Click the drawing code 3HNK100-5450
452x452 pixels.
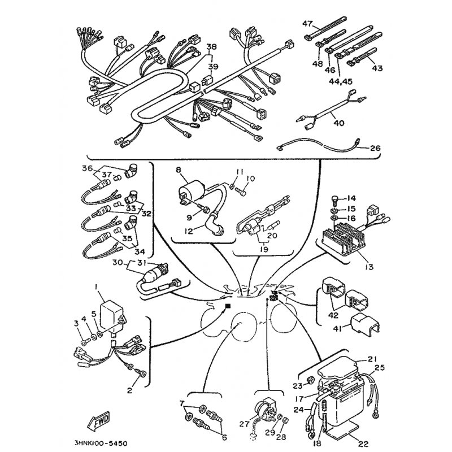point(101,443)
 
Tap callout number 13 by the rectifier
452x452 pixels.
point(369,267)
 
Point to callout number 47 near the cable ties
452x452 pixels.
point(307,23)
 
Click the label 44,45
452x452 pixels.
point(341,81)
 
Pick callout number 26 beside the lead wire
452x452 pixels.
point(375,148)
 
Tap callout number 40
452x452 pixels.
point(338,123)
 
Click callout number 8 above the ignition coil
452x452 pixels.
point(179,170)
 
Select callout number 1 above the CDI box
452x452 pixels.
point(96,287)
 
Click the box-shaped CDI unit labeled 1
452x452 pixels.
point(112,316)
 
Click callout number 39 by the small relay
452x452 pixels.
point(213,67)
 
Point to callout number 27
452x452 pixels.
point(244,424)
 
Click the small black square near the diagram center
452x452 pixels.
point(228,306)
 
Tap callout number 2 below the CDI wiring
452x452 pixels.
point(129,390)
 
